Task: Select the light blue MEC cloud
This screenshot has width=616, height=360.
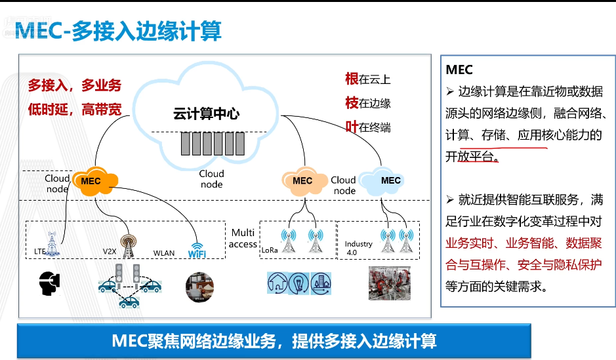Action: point(387,180)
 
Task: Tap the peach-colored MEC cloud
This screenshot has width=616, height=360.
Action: point(303,180)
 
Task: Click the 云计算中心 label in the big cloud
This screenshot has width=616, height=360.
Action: point(205,113)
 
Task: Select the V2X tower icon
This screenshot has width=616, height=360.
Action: point(128,244)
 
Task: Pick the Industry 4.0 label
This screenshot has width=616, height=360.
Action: point(358,247)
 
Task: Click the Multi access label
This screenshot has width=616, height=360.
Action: point(243,238)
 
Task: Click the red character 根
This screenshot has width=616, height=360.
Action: point(352,79)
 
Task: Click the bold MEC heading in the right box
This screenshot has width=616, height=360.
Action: point(459,70)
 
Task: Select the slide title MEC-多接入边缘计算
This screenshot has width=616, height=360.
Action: point(118,31)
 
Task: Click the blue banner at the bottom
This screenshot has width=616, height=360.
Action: point(274,341)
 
